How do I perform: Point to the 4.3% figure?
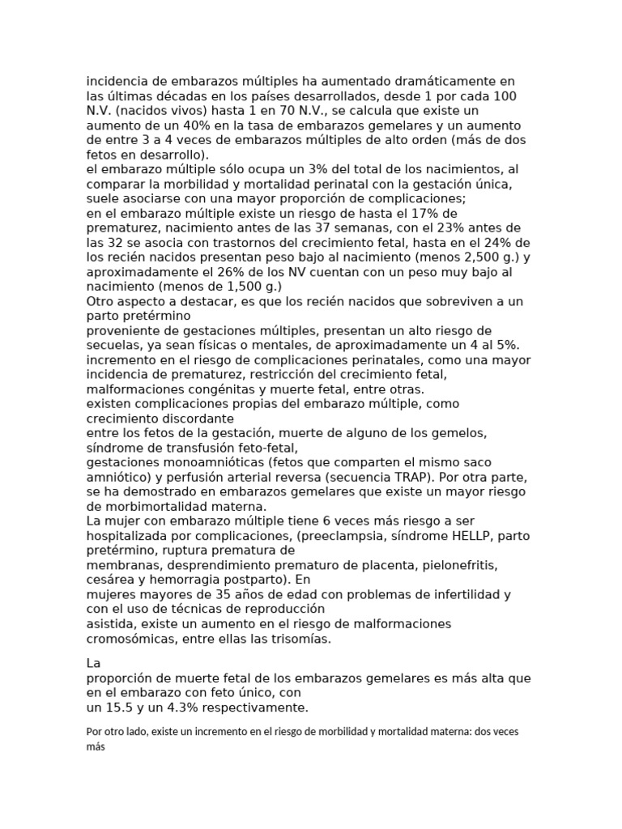[194, 707]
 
